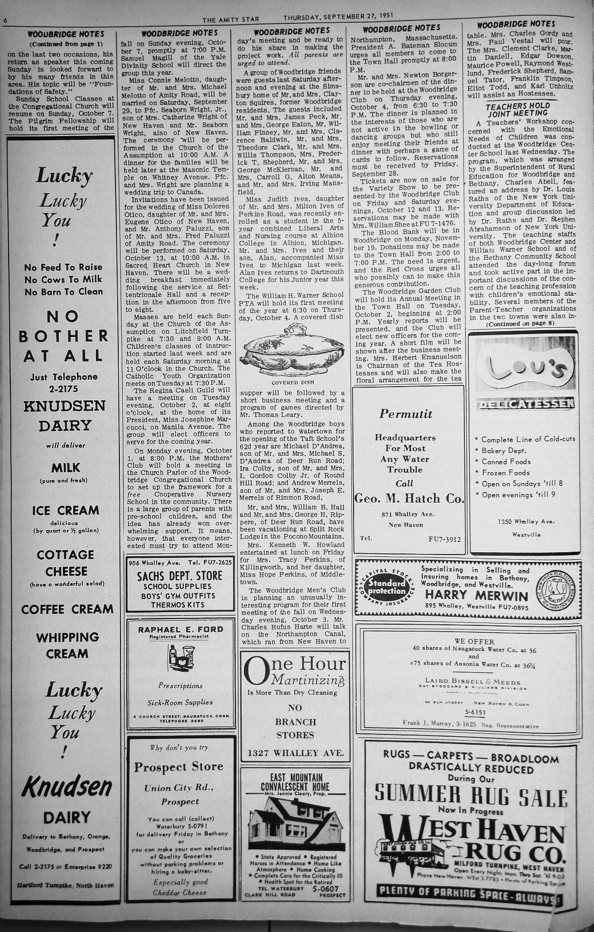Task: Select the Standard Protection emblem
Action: click(x=387, y=587)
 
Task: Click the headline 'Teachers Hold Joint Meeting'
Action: click(x=517, y=110)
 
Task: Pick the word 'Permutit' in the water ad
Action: click(x=406, y=414)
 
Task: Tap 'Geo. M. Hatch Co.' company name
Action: click(x=409, y=499)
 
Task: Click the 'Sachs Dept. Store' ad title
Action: click(x=180, y=576)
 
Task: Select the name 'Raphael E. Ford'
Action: click(x=180, y=629)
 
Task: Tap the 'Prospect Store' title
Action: click(x=179, y=767)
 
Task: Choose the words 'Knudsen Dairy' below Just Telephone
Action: click(x=65, y=416)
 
